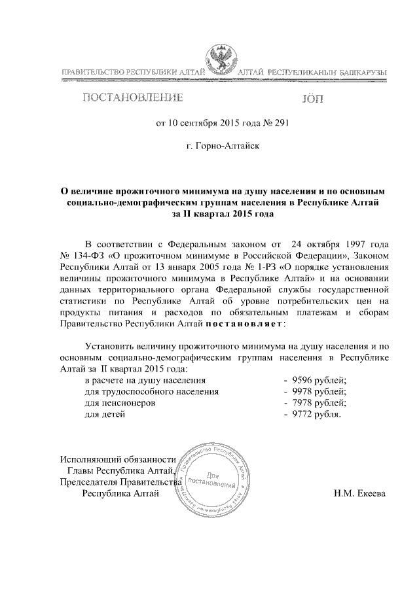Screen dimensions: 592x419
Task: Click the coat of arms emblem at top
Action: [221, 60]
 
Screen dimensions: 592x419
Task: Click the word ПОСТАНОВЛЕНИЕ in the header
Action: [132, 99]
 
